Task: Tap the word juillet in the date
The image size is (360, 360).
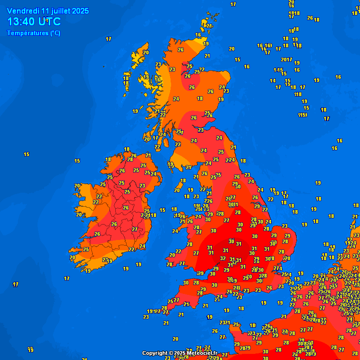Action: [59, 11]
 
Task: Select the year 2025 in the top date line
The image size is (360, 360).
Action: [80, 11]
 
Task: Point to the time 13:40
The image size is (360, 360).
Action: [21, 22]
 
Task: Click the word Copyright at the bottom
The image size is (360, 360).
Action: [155, 353]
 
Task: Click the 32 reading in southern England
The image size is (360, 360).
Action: [223, 258]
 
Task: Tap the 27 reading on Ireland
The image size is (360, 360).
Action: [135, 229]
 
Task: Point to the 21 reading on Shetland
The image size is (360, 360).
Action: [209, 26]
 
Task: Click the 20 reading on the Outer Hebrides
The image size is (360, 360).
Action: [146, 52]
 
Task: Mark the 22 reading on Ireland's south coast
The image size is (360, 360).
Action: [131, 249]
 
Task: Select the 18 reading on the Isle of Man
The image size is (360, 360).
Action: [183, 180]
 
